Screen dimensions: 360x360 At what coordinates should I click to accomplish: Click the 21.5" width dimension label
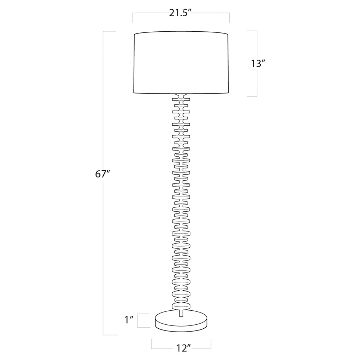pos(180,13)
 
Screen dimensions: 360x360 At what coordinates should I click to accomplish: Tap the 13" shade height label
pos(258,64)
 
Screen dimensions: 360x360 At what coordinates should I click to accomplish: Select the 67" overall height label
pos(103,174)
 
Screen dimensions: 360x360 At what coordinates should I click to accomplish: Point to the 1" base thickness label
pos(129,320)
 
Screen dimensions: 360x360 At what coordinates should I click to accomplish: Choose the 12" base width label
pos(184,348)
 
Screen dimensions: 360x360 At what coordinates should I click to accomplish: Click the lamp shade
pos(181,62)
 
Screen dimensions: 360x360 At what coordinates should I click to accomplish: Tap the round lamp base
pos(181,321)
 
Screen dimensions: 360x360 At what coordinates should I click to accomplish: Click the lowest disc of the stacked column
pos(181,306)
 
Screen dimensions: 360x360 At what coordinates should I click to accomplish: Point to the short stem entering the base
pos(181,313)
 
